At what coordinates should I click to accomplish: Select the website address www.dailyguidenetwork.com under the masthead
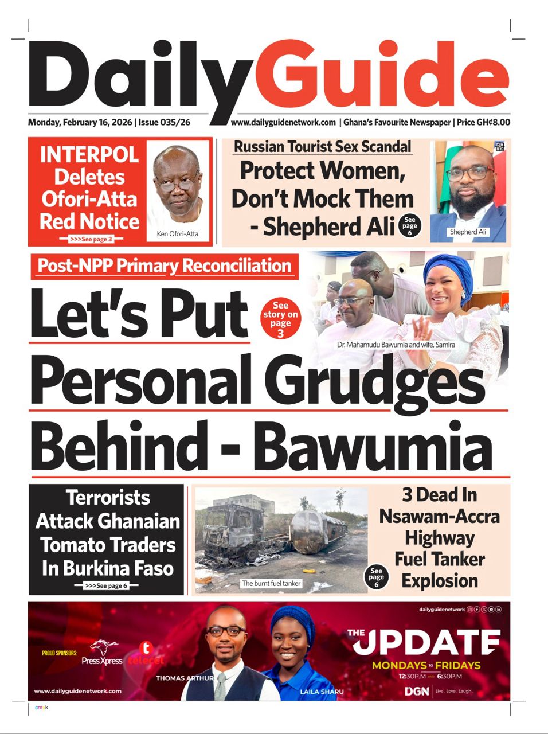(283, 122)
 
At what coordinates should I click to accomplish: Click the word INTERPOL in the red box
(89, 155)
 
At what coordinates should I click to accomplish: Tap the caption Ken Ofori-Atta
(178, 234)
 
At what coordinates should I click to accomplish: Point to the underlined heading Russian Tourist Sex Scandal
(323, 147)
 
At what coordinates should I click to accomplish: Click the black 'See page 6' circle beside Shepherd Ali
(409, 226)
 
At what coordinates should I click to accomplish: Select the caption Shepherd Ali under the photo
(468, 232)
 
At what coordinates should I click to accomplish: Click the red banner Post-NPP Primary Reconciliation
(165, 266)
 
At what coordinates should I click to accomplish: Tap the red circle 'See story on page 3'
(280, 319)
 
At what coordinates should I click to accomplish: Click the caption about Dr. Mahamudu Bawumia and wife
(396, 345)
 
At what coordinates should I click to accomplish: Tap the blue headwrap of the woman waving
(449, 272)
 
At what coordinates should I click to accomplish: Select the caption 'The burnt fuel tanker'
(271, 583)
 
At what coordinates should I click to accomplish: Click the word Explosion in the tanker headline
(440, 580)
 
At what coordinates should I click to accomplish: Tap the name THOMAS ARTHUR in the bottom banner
(185, 678)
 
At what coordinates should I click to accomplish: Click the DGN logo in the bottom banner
(417, 692)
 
